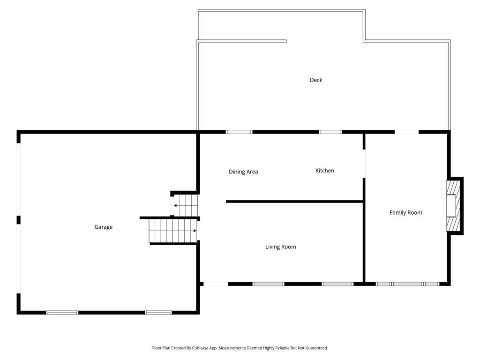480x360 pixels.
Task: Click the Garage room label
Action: [103, 227]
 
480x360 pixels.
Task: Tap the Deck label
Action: [316, 80]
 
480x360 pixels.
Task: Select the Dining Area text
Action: [243, 172]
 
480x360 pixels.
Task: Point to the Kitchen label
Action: [324, 171]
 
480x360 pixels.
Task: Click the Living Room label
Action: [280, 247]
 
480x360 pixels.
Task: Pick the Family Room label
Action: [405, 213]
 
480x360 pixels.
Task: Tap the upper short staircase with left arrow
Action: [185, 205]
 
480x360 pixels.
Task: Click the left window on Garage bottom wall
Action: [62, 312]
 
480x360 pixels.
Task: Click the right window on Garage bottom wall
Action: [158, 312]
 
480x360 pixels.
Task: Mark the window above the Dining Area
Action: [239, 132]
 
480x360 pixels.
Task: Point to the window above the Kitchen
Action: [330, 132]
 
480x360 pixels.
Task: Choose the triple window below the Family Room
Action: [407, 284]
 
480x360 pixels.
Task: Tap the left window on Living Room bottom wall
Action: [268, 284]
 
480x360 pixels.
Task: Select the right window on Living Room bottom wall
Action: [337, 284]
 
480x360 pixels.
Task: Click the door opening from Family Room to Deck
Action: [406, 132]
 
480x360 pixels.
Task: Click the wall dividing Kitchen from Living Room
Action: [294, 202]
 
